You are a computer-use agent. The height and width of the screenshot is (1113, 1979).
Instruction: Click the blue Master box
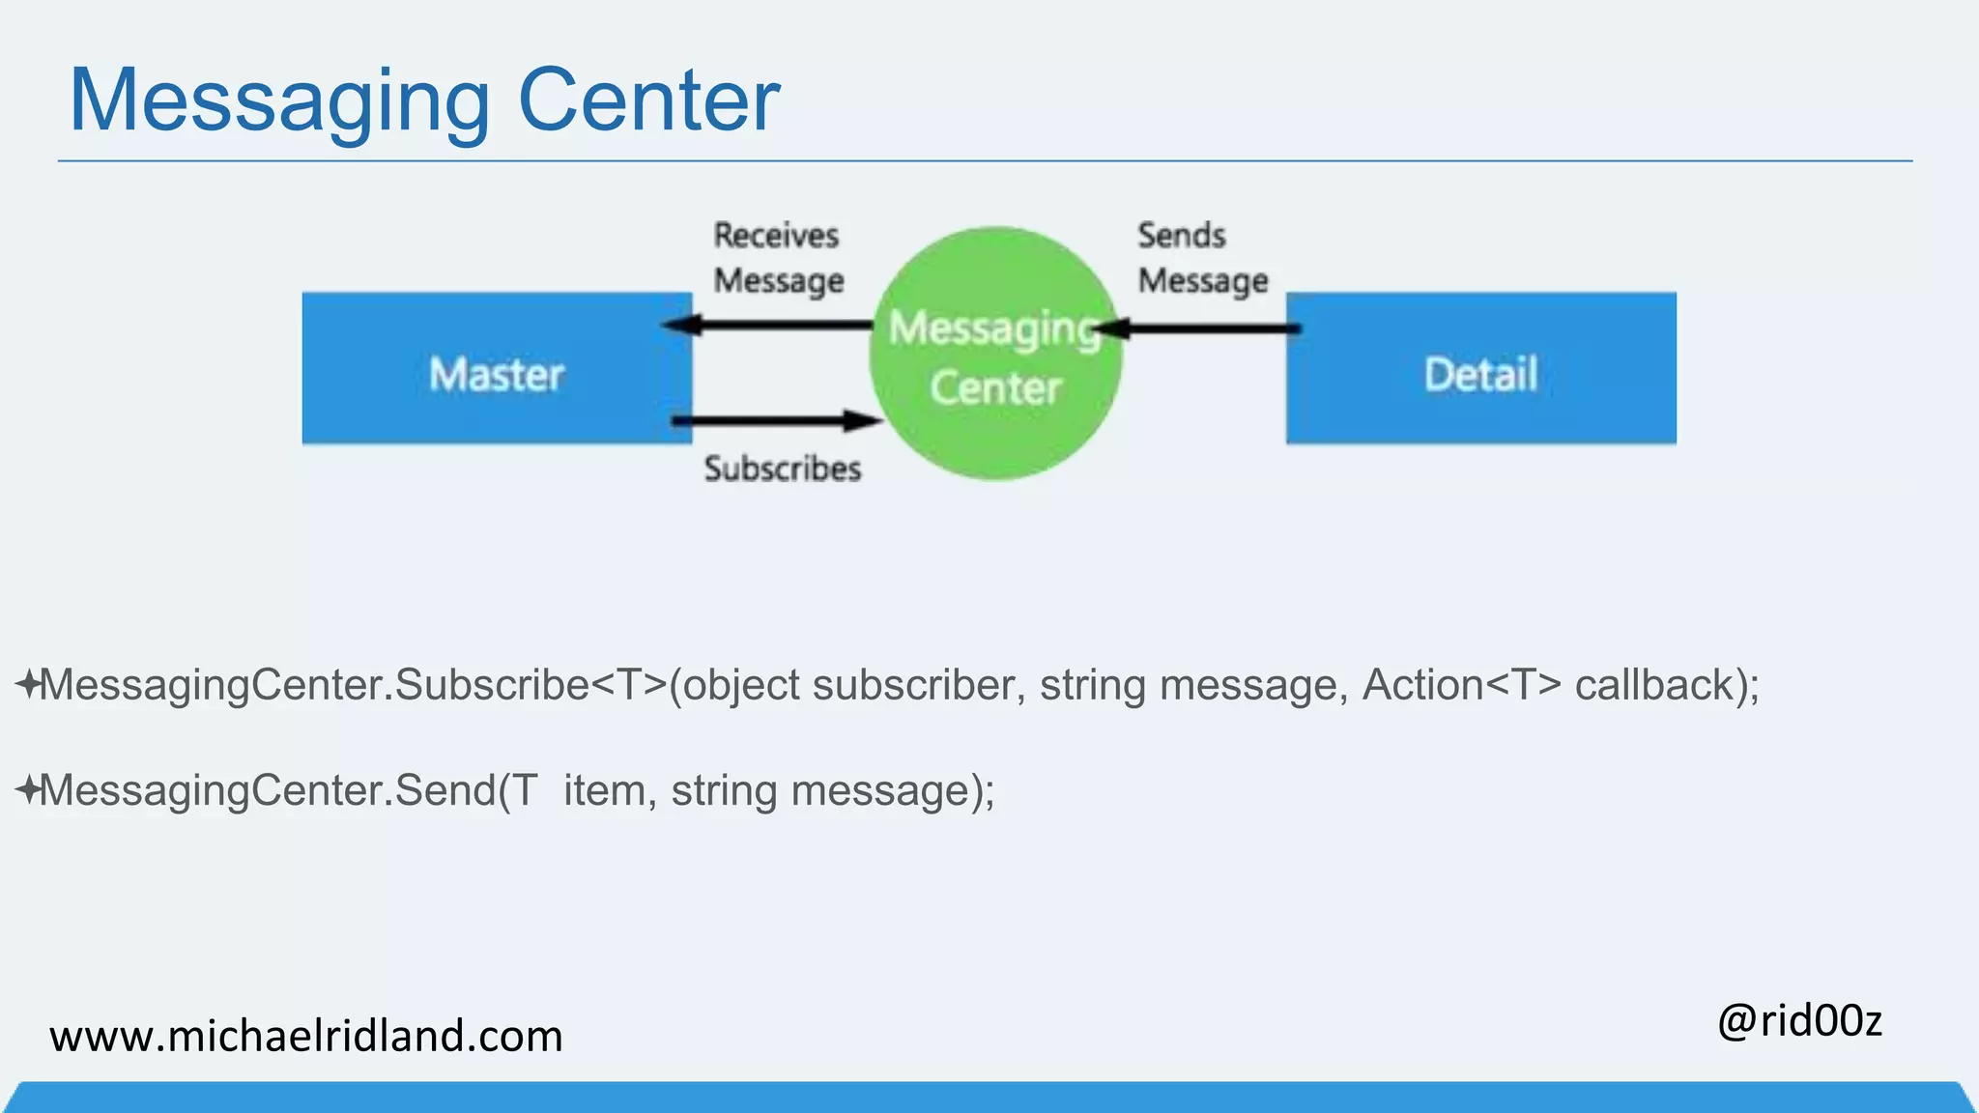pos(497,369)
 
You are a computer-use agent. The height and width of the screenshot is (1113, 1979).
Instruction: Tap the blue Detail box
pos(1480,369)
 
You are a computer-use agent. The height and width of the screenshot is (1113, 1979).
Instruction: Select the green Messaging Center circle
pos(995,355)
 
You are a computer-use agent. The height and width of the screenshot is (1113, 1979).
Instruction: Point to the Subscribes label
pos(783,469)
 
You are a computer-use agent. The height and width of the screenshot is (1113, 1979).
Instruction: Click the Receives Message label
pos(778,258)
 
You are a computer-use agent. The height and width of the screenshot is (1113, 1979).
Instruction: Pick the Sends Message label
pos(1202,258)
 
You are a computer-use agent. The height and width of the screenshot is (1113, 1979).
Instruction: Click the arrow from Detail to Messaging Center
pos(1198,329)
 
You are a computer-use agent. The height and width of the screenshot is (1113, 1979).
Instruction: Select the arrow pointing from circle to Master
pos(768,325)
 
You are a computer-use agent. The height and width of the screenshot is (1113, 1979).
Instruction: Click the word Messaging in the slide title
pos(279,101)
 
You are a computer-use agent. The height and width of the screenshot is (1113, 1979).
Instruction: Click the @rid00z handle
pos(1799,1020)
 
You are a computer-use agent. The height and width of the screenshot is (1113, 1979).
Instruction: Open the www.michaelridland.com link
pos(305,1036)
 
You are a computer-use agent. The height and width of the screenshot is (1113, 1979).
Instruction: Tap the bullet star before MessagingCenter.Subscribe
pos(27,684)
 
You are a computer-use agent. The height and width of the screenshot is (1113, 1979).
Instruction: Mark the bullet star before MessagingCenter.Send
pos(27,789)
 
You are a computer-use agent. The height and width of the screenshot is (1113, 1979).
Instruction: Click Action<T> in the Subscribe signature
pos(1461,685)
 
